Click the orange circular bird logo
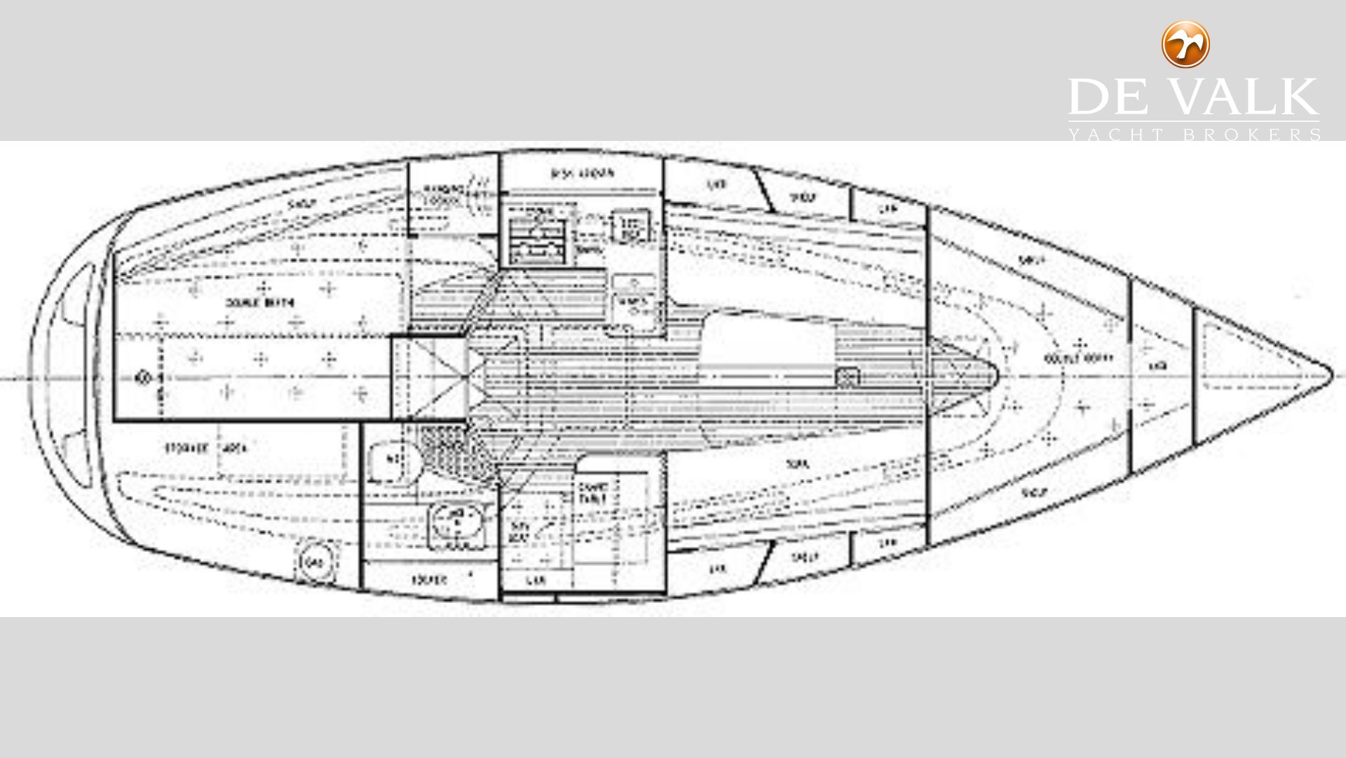tap(1185, 44)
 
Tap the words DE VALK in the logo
tap(1192, 97)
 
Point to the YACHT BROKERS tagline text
tap(1194, 134)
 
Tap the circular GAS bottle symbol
tap(312, 562)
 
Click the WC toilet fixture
tap(394, 460)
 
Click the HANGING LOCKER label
tap(445, 194)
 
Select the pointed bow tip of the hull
tap(1328, 372)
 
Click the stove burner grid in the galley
tap(537, 236)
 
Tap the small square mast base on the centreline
tap(847, 377)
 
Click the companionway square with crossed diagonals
tap(429, 379)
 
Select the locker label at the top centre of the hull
tap(583, 173)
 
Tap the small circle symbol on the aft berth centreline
tap(144, 379)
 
